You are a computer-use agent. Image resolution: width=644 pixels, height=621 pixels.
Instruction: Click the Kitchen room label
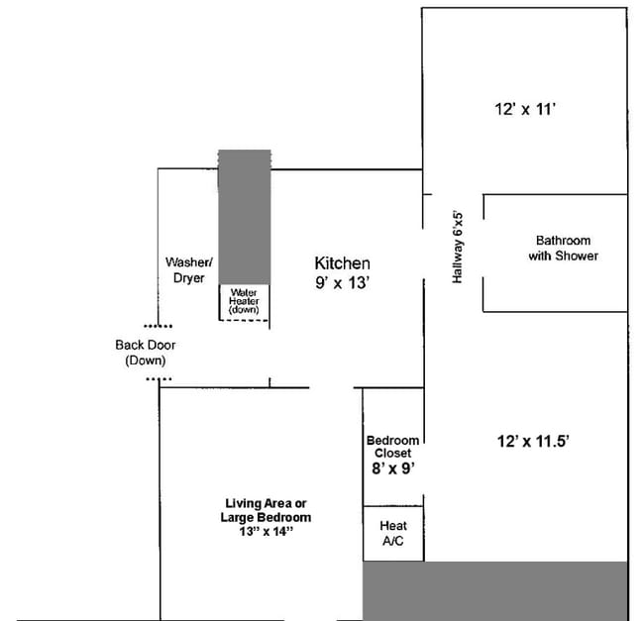(x=342, y=263)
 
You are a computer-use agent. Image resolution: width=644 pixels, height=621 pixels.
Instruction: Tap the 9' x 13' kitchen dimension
(x=342, y=282)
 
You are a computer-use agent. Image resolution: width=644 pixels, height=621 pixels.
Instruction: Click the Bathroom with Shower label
(x=563, y=248)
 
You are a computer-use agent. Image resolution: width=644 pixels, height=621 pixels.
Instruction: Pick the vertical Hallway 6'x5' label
(x=458, y=247)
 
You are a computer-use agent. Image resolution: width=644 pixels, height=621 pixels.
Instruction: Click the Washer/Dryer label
(x=188, y=270)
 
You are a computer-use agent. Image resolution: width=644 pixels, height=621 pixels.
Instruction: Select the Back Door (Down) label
(x=146, y=353)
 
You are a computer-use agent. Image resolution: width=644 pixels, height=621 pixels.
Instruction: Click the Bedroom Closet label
(x=392, y=447)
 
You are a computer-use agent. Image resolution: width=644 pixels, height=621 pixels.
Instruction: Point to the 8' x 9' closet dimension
(x=392, y=468)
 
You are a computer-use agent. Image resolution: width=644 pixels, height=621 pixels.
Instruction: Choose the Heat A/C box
(x=393, y=535)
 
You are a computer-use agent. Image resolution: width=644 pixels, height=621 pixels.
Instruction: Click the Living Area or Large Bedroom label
(x=266, y=510)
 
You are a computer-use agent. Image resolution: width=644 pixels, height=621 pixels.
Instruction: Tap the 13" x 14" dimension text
(x=266, y=532)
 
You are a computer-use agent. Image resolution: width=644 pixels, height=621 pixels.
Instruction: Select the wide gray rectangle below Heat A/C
(x=495, y=591)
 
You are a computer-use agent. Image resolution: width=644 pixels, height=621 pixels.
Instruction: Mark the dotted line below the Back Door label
(x=158, y=378)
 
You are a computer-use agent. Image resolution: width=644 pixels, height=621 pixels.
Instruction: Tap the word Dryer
(x=188, y=278)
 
